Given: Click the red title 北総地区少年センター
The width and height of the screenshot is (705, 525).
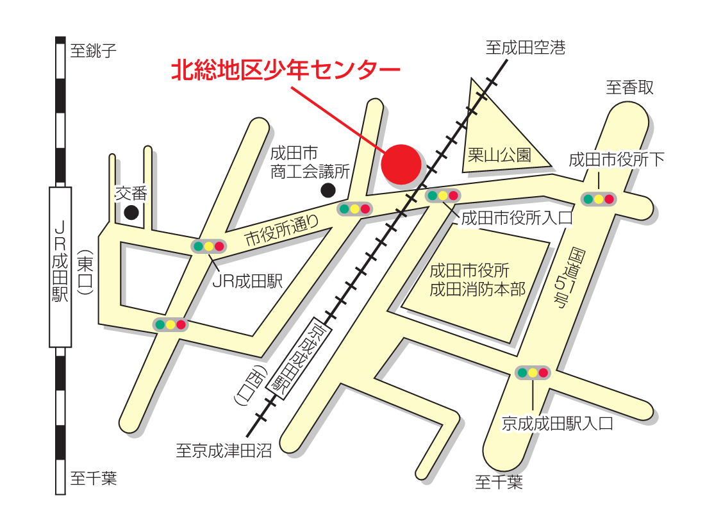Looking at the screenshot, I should click(x=285, y=71).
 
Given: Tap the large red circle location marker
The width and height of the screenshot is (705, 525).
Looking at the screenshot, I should click(x=401, y=163).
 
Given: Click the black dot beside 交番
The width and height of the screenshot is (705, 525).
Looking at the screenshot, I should click(x=131, y=213).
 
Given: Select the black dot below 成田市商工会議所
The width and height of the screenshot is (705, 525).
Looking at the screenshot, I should click(x=328, y=190).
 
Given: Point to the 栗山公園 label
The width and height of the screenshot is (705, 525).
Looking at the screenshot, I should click(x=500, y=155).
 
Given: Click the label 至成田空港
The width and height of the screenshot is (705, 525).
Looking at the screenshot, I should click(x=526, y=47).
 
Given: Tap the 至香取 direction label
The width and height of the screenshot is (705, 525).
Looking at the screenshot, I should click(x=630, y=87).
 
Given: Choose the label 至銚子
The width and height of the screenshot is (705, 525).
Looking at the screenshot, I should click(x=94, y=51).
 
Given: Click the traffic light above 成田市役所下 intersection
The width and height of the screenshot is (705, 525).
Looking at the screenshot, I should click(x=598, y=199).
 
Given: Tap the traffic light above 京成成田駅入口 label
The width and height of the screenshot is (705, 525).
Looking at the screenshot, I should click(x=533, y=372).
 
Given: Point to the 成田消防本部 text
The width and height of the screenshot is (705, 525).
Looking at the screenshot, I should click(x=477, y=289).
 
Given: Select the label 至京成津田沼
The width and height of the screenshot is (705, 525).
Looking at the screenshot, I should click(x=224, y=451).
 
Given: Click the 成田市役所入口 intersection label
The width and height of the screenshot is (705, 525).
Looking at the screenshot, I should click(x=516, y=218).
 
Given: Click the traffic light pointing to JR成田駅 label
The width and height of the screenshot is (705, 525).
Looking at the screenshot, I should click(x=209, y=246).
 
